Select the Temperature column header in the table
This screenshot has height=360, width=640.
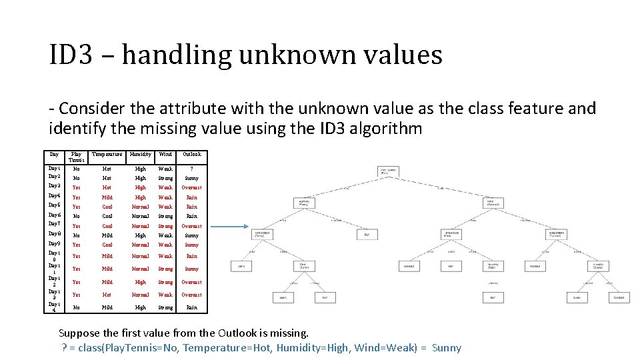[x=107, y=155]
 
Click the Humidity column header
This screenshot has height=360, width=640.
[x=141, y=155]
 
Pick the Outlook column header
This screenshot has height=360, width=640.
[x=191, y=155]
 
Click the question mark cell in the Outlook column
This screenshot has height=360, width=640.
[x=191, y=169]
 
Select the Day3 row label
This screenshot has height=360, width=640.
[x=55, y=186]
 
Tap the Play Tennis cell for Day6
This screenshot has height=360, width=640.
[x=76, y=216]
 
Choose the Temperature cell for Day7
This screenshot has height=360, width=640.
[x=107, y=226]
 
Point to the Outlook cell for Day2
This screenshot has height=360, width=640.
[x=191, y=178]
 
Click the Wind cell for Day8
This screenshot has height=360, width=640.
[x=165, y=235]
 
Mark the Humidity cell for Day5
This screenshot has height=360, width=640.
[x=141, y=207]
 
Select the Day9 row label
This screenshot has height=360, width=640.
[x=55, y=244]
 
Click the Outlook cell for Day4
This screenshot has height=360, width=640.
[x=191, y=197]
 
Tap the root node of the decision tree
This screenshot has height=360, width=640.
[x=388, y=171]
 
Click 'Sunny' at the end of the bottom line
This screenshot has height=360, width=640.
[x=446, y=347]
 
